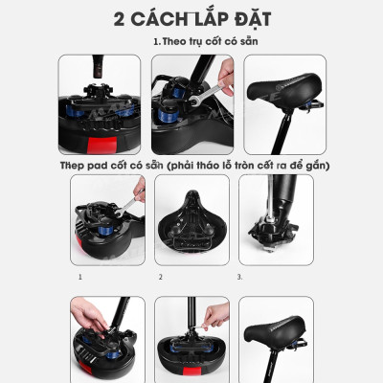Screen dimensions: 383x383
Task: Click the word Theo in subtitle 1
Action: (x=174, y=43)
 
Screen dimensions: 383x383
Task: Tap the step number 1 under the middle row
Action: (x=81, y=278)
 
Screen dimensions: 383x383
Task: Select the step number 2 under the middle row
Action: (x=161, y=278)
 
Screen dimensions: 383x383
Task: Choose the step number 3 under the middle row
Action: (x=238, y=278)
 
